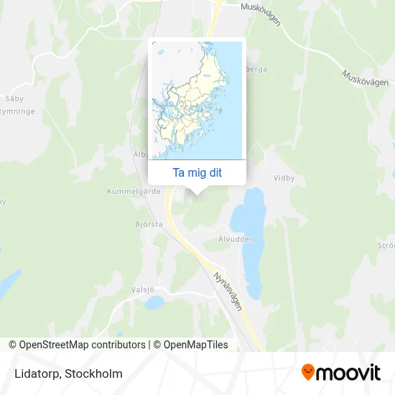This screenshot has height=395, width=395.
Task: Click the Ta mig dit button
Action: point(197,172)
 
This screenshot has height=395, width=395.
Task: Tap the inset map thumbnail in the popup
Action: point(197,100)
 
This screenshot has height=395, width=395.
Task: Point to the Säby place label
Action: point(14,97)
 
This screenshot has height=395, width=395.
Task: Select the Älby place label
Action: point(140,154)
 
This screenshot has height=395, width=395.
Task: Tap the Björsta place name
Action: point(149,224)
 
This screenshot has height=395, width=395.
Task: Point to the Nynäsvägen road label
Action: point(228,291)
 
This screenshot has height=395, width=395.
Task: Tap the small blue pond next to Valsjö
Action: point(154,302)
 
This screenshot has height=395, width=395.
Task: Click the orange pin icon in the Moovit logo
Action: point(308,373)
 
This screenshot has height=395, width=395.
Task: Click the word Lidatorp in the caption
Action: point(35,373)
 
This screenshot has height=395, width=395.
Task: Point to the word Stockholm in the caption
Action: point(94,373)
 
